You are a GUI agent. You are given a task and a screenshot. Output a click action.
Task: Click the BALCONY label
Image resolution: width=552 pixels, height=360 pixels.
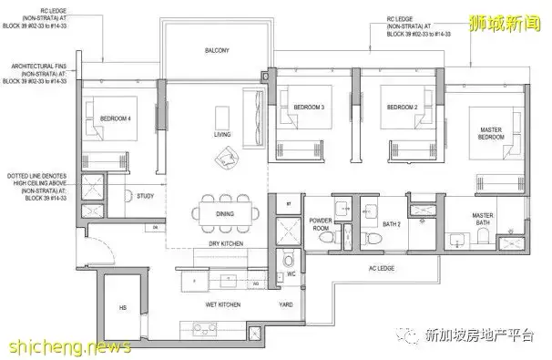tap(215, 51)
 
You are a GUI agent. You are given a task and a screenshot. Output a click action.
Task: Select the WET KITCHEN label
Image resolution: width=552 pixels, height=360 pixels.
tap(221, 304)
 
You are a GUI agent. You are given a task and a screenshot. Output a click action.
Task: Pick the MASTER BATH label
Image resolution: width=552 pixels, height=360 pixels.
tap(483, 221)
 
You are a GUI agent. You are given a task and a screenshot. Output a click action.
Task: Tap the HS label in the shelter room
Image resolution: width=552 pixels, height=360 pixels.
tap(121, 307)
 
